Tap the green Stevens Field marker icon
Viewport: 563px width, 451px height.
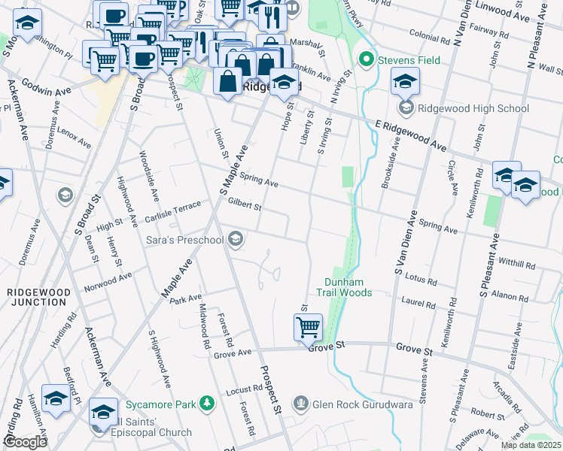pos(367,58)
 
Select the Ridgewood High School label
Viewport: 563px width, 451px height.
pos(473,108)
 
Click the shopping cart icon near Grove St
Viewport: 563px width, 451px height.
pos(308,328)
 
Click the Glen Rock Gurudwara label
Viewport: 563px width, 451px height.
pos(354,404)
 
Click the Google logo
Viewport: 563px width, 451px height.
pos(25,442)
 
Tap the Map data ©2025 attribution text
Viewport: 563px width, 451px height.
pos(531,445)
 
